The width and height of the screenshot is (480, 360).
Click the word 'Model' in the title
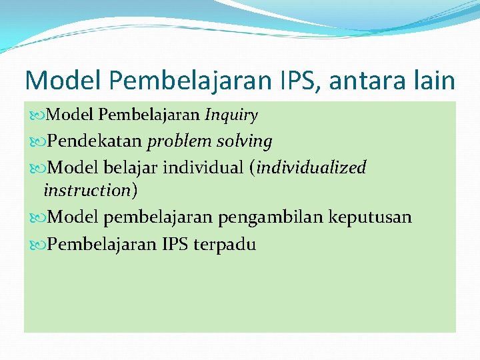(x=61, y=81)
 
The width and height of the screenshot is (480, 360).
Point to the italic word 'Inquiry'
(x=231, y=115)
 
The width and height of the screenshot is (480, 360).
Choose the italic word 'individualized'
(x=311, y=167)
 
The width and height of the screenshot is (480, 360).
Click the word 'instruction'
(x=87, y=191)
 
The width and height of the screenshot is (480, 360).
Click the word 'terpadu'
(x=225, y=244)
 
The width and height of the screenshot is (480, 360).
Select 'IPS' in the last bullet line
(x=175, y=244)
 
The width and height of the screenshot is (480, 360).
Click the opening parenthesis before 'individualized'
(x=253, y=168)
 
